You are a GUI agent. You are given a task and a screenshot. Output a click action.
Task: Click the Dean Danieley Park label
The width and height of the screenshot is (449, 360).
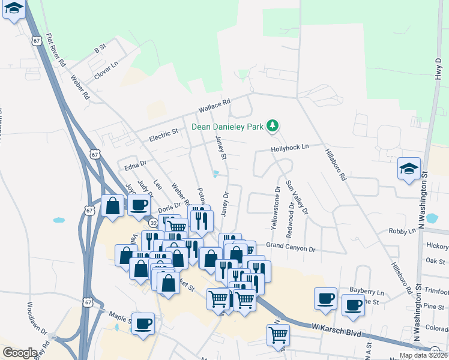tap(228, 126)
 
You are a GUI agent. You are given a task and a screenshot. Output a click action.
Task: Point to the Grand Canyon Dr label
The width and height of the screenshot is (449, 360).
tap(291, 247)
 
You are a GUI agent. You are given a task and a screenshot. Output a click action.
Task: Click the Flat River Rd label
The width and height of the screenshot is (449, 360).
tap(56, 50)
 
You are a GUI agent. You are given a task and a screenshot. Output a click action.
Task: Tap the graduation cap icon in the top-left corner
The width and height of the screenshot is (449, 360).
tap(14, 9)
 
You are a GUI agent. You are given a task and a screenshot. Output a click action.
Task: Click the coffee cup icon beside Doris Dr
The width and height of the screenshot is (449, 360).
tap(138, 205)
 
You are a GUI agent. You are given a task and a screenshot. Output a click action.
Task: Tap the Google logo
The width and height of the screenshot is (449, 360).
tap(19, 353)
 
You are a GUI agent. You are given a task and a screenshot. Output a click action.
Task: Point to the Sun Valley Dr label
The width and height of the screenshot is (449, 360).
tap(297, 197)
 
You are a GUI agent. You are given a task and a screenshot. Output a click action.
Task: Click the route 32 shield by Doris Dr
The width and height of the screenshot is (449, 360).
tap(154, 223)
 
